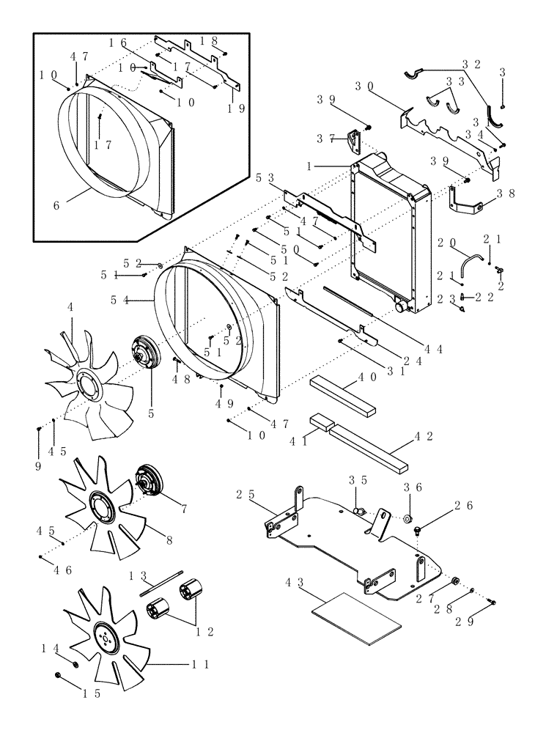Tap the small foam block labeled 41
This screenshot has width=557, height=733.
coord(320,421)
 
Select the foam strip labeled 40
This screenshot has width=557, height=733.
coord(343,394)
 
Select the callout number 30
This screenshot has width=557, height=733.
coord(364,86)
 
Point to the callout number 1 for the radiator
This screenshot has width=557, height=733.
coord(311,167)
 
